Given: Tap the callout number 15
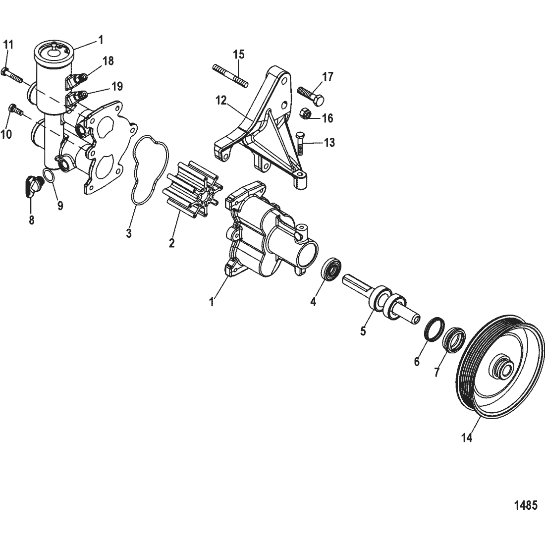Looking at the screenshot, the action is click(x=239, y=54).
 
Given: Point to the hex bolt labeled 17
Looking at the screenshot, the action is click(x=310, y=96).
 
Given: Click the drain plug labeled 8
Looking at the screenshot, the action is click(x=33, y=186).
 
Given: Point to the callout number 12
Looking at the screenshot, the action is click(x=221, y=101).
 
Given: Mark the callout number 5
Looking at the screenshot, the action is click(x=363, y=331).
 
